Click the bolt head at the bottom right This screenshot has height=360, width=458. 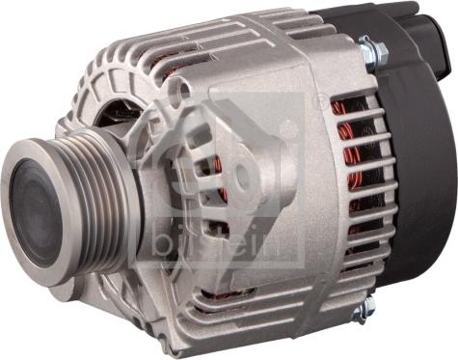click(364, 310)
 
